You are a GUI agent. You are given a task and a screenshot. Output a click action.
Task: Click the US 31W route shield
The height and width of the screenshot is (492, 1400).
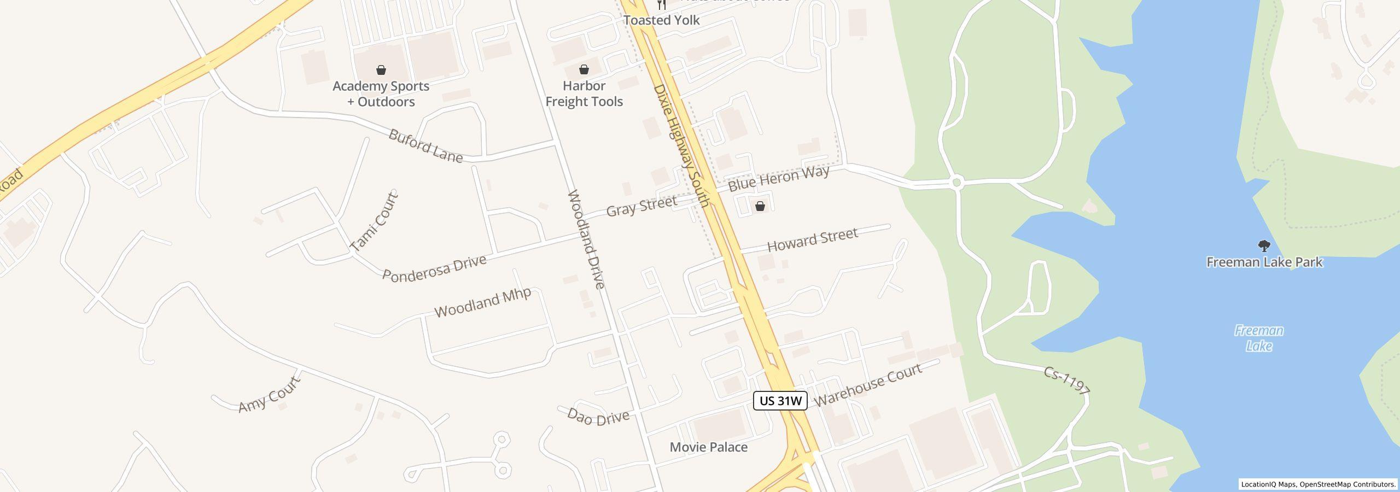pos(780,401)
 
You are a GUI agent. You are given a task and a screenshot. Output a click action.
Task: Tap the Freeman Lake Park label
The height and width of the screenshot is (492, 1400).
pos(1264,262)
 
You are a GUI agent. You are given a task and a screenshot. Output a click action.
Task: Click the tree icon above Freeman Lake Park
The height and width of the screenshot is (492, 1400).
pos(1264,246)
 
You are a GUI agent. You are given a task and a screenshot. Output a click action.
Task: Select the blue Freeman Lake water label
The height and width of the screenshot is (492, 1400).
pos(1259,338)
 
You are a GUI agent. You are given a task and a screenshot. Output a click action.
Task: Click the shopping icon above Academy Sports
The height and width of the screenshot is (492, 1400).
pos(381,70)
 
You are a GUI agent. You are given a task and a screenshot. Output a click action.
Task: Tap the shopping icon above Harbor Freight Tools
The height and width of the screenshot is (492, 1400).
pos(584,69)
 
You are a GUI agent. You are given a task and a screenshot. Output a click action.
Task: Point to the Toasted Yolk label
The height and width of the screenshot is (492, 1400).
pos(661,20)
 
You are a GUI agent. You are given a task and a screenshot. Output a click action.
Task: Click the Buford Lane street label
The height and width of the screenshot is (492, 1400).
pos(425,146)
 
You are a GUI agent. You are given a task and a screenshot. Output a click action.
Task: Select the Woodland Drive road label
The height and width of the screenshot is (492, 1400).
pos(586,239)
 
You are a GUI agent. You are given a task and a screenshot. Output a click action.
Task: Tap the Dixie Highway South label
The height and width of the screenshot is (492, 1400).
pos(681,145)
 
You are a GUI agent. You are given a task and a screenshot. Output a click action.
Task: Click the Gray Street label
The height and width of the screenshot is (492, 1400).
pos(641,206)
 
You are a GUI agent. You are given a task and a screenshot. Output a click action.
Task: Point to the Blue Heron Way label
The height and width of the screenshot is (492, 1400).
pos(779,178)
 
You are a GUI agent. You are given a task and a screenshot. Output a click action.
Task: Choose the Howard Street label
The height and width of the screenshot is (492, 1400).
pos(812,240)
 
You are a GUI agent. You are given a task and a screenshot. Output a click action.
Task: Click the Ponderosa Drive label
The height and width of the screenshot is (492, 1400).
pos(434,268)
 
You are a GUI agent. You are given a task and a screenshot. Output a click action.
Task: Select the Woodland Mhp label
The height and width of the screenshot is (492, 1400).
pos(482,302)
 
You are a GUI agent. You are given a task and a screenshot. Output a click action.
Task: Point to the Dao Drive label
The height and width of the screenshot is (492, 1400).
pos(598,417)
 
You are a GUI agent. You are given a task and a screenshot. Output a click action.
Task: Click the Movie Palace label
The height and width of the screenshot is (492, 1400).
pos(708,447)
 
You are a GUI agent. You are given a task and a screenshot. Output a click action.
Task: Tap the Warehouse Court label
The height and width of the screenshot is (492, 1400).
pos(867,385)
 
